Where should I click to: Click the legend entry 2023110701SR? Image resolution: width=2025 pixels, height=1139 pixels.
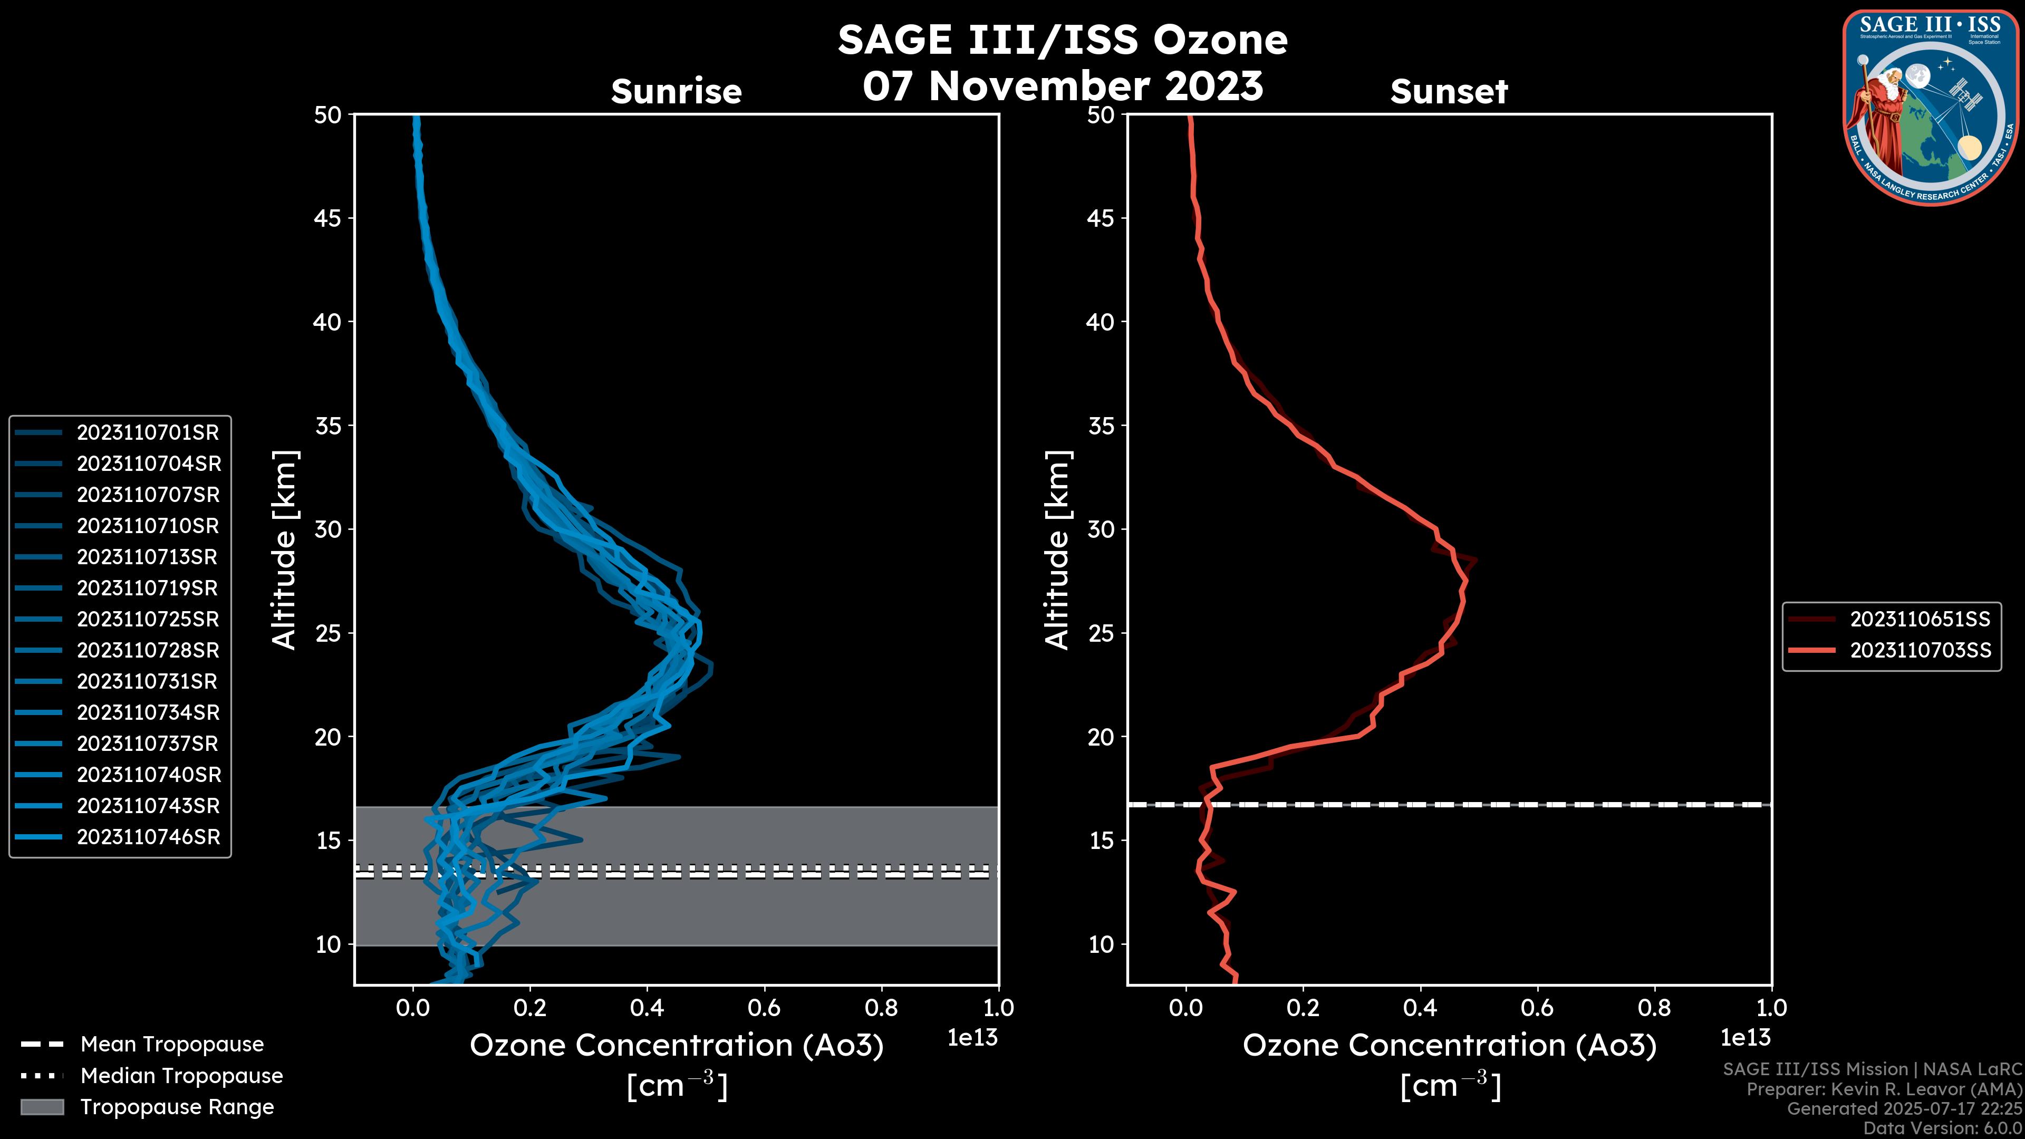click(147, 432)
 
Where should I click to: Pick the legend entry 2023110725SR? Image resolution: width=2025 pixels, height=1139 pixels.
click(147, 620)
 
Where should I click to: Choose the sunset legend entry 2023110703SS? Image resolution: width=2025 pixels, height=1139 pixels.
click(1920, 651)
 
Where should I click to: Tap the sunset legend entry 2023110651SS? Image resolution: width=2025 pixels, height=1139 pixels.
click(1919, 620)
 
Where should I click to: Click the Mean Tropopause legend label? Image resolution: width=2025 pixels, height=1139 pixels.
click(171, 1045)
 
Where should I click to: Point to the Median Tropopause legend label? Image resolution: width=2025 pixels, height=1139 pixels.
click(181, 1076)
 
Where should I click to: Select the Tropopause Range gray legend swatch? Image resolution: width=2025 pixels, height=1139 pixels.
click(42, 1107)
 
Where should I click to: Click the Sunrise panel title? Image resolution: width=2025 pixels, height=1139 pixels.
click(676, 92)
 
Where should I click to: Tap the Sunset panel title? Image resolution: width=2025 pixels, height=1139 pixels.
click(1449, 92)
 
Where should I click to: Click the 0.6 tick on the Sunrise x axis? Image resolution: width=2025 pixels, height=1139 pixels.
click(764, 1008)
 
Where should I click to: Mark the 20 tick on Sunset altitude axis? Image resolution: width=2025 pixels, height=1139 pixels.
click(1101, 737)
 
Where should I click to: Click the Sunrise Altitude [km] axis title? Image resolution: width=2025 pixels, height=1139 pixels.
click(285, 549)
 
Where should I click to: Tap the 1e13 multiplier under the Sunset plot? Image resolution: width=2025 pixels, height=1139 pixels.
click(1745, 1038)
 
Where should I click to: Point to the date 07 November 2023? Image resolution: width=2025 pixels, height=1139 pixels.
click(1063, 85)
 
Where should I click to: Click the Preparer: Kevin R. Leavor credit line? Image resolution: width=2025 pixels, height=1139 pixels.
click(1884, 1089)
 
